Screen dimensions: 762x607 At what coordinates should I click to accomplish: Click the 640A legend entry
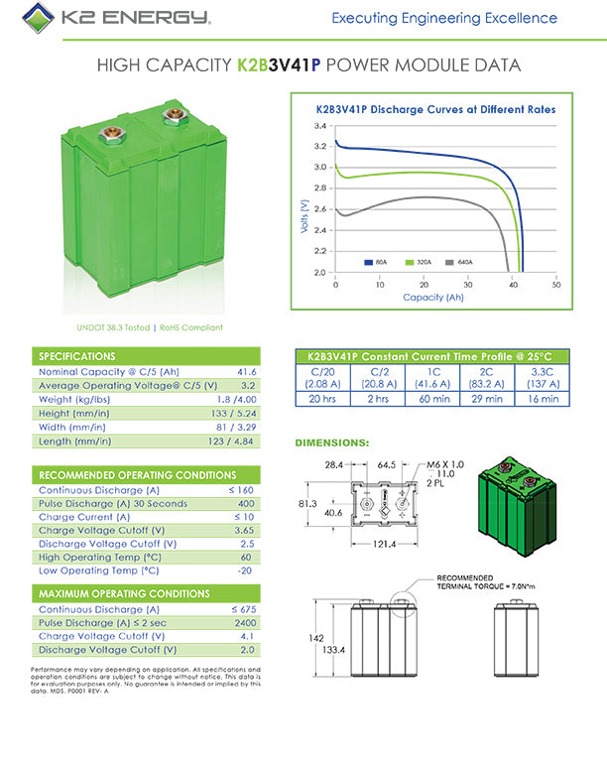[x=462, y=262]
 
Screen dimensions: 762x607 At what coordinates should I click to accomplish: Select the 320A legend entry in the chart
[x=422, y=262]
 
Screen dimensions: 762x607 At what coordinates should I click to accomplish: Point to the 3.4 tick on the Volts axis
[x=320, y=127]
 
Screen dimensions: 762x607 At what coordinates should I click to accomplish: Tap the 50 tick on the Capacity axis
[x=555, y=284]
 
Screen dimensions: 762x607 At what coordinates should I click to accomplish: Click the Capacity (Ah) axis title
[x=433, y=297]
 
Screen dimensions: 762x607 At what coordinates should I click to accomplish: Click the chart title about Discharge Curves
[x=435, y=109]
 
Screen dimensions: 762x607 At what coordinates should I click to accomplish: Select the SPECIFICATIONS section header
[x=77, y=356]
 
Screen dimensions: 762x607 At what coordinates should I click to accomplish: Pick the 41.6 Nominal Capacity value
[x=244, y=371]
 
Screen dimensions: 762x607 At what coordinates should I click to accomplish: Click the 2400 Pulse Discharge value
[x=244, y=622]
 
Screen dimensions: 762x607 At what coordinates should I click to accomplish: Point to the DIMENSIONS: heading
[x=333, y=443]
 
